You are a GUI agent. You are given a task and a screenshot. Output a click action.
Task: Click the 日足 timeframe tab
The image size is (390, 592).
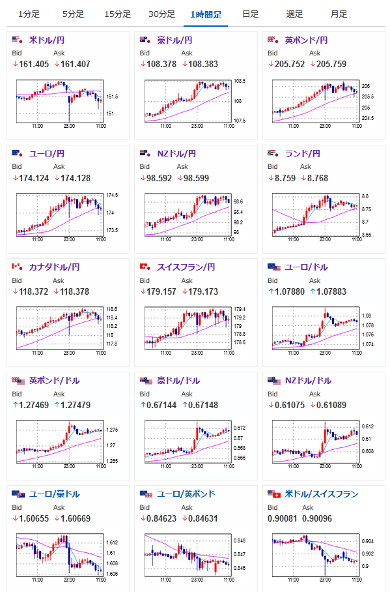[251, 14]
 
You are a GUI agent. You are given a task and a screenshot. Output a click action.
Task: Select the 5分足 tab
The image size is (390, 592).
[73, 14]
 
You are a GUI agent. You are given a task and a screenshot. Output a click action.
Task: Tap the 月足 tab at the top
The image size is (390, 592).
[339, 14]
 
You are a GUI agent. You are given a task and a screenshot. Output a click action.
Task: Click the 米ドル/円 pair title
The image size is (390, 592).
[47, 40]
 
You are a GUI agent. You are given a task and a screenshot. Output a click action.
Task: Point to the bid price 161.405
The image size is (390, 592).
[34, 64]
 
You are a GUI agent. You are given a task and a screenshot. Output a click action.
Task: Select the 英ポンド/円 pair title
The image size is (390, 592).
[306, 40]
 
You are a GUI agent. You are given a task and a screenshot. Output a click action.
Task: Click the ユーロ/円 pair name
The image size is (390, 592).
[47, 154]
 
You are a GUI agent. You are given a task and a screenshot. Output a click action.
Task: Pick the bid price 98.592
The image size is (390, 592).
[159, 178]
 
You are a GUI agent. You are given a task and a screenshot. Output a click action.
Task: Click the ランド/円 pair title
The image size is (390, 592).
[303, 154]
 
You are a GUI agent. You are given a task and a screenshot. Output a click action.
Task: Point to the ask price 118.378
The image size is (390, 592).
[75, 292]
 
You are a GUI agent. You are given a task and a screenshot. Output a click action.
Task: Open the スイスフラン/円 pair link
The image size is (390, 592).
[186, 267]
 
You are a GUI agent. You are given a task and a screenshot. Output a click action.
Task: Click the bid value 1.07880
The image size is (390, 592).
[290, 292]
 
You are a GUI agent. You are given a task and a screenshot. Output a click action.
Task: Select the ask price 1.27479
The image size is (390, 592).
[76, 405]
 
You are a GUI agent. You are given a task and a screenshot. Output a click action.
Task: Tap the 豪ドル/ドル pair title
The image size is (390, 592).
[178, 381]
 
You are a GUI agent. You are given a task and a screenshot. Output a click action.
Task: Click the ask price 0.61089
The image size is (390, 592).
[331, 405]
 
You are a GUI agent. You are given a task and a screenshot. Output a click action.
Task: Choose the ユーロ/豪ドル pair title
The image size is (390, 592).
[54, 494]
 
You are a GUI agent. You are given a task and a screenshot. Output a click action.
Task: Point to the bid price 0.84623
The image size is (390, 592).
[161, 519]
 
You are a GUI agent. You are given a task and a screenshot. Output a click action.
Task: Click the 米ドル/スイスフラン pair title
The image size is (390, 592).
[322, 494]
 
